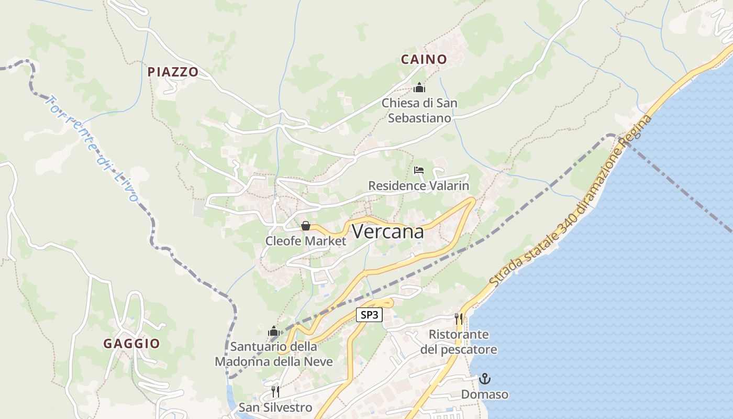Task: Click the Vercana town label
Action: pos(387,231)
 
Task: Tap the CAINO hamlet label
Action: pos(424,60)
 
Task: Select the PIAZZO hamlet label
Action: pos(173,72)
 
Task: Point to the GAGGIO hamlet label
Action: pos(131,344)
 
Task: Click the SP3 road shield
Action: pos(370,315)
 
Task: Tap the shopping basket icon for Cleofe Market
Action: pos(306,226)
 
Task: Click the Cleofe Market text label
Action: pos(306,241)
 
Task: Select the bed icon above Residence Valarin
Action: pos(419,170)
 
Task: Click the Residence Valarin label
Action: pos(419,186)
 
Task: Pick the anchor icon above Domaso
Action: pos(485,378)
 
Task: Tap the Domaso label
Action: pos(485,394)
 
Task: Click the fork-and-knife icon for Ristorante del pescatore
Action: pos(459,318)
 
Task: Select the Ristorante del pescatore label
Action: pos(459,341)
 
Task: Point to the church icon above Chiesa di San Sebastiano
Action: pos(419,87)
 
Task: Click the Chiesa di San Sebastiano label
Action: pos(419,111)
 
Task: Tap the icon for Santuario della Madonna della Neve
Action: pos(273,331)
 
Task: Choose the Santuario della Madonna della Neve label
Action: pos(274,354)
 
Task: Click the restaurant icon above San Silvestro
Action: pos(275,391)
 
